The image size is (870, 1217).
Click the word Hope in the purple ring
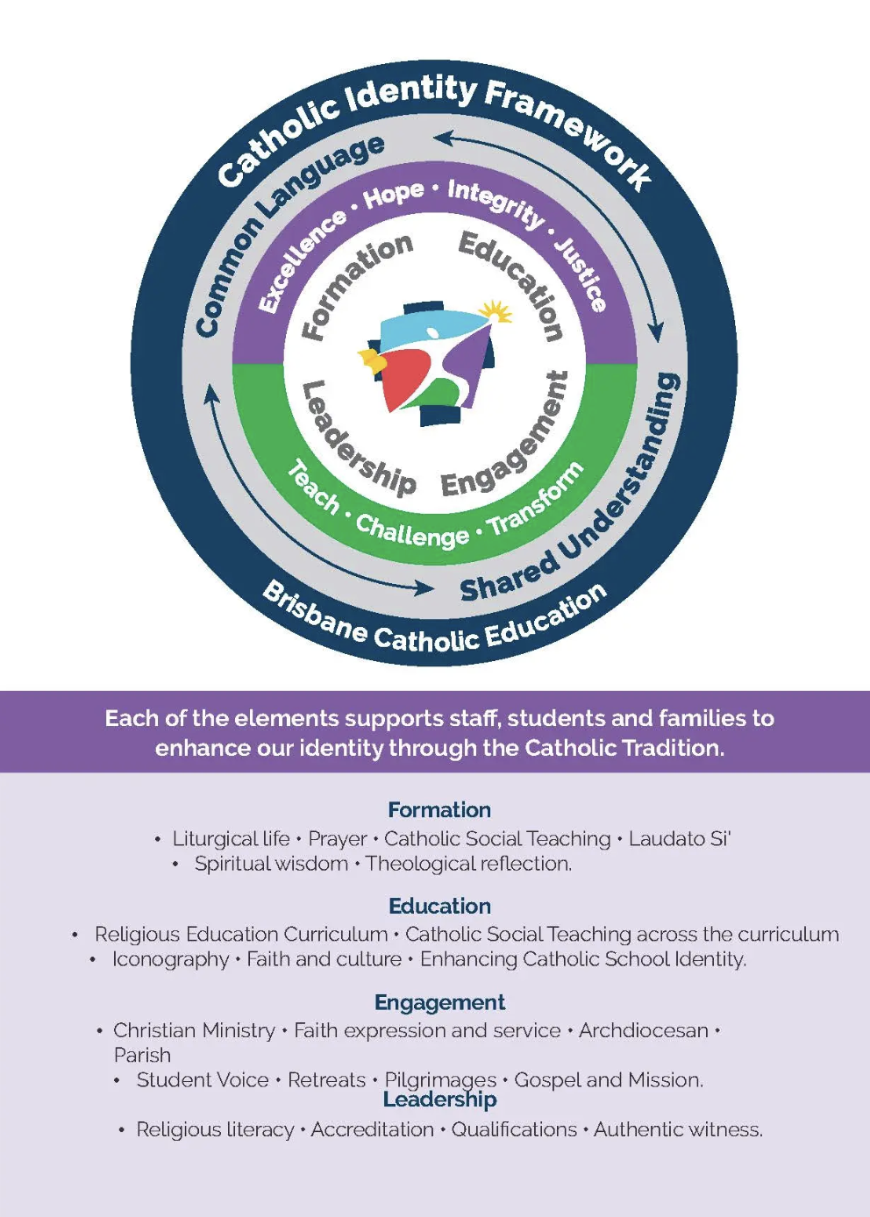394,194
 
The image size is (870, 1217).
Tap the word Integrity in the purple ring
496,203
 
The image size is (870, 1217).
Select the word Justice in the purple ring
580,273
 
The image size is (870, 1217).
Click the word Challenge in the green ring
412,530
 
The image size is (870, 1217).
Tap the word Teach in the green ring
313,487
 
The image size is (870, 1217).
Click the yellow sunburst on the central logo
496,311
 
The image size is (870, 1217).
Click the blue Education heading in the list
439,906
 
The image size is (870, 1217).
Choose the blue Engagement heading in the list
439,1002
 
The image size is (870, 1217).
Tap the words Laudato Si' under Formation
680,839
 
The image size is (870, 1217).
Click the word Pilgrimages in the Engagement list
440,1079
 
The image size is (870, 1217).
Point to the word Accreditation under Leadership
372,1129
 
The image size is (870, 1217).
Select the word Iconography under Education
170,959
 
